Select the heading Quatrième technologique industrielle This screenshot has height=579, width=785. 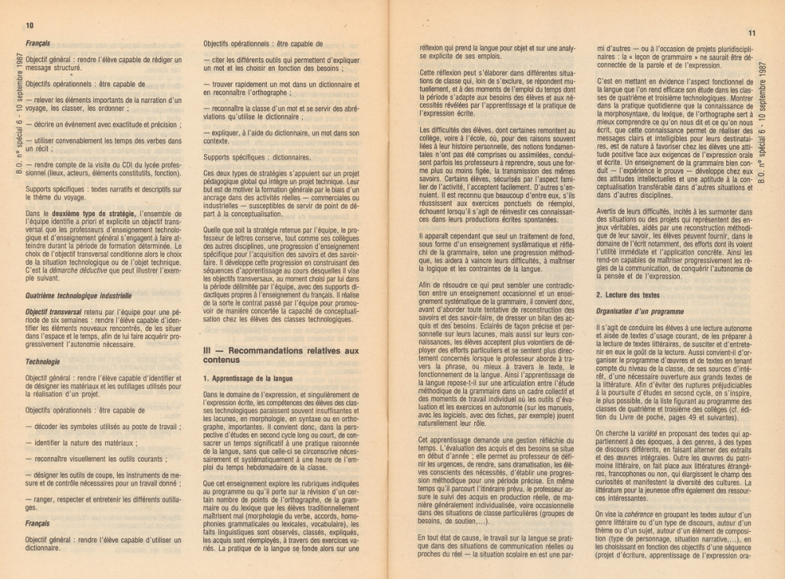click(78, 296)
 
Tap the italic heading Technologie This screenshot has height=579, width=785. click(42, 362)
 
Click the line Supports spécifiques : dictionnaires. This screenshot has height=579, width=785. click(246, 157)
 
